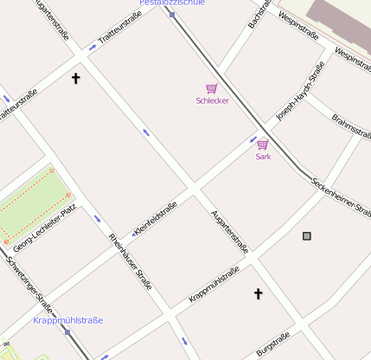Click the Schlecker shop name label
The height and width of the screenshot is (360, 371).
coord(212,101)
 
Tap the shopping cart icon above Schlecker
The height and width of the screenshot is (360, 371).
coord(211,88)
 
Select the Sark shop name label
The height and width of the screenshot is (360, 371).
coord(263,157)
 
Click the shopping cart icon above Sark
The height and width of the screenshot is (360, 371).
coord(263,145)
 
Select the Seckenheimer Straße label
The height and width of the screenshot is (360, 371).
coord(342,196)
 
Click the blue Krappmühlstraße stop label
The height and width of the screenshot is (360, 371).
coord(67,320)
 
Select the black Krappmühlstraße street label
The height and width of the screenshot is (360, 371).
coord(214,286)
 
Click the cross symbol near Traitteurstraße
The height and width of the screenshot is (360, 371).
coord(75,79)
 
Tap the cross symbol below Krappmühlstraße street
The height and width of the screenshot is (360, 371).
coord(258,294)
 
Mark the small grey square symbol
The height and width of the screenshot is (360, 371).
coord(306,235)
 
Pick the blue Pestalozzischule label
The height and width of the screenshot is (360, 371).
coord(172,3)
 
